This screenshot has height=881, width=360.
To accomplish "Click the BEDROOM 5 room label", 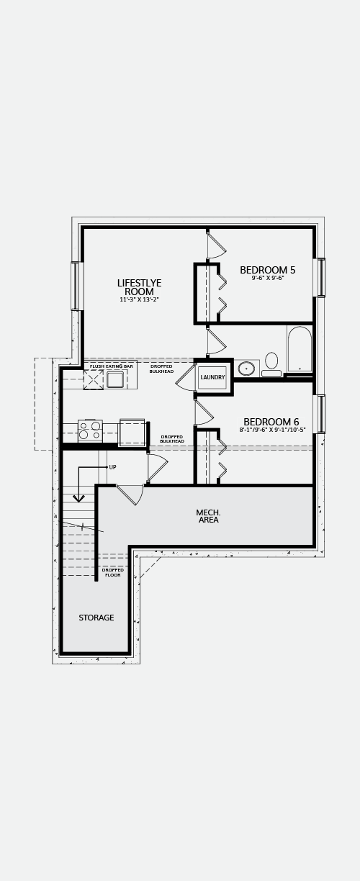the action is click(x=268, y=270).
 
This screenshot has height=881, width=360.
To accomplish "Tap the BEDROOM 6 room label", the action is click(x=271, y=422).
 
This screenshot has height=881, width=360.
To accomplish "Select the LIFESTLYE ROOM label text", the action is click(x=139, y=287).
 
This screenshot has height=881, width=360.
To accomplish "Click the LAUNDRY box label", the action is click(x=212, y=377).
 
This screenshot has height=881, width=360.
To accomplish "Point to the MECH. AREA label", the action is click(x=209, y=516).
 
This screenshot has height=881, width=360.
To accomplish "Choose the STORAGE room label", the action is click(x=96, y=618).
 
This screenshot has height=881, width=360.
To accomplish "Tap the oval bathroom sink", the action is click(x=247, y=369).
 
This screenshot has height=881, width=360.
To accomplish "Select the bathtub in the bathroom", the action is click(x=300, y=349).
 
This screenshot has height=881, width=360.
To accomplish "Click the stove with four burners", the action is click(x=90, y=430).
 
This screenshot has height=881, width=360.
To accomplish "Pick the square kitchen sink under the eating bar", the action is click(x=115, y=379).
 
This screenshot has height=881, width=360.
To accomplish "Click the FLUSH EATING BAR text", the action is click(x=112, y=366).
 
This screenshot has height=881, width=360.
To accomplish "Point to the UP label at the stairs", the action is click(x=112, y=467).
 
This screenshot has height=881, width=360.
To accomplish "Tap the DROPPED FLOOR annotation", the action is click(x=113, y=572).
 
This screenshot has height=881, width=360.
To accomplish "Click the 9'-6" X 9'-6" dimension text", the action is click(x=268, y=278).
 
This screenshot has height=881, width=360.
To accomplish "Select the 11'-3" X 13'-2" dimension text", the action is click(x=139, y=299).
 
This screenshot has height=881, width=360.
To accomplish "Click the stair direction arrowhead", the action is click(x=79, y=498).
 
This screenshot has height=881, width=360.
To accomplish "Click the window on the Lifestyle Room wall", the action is click(x=75, y=286).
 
